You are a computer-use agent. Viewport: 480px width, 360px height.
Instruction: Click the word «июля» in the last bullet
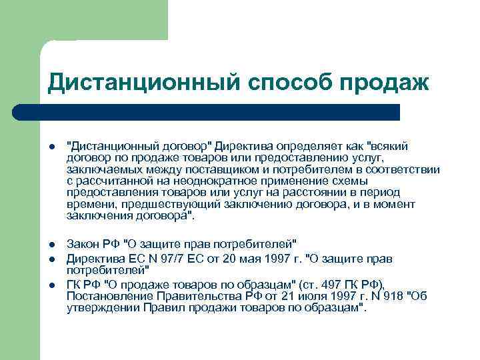tap(298, 296)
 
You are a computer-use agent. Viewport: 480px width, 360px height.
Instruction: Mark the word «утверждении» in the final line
tap(102, 308)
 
